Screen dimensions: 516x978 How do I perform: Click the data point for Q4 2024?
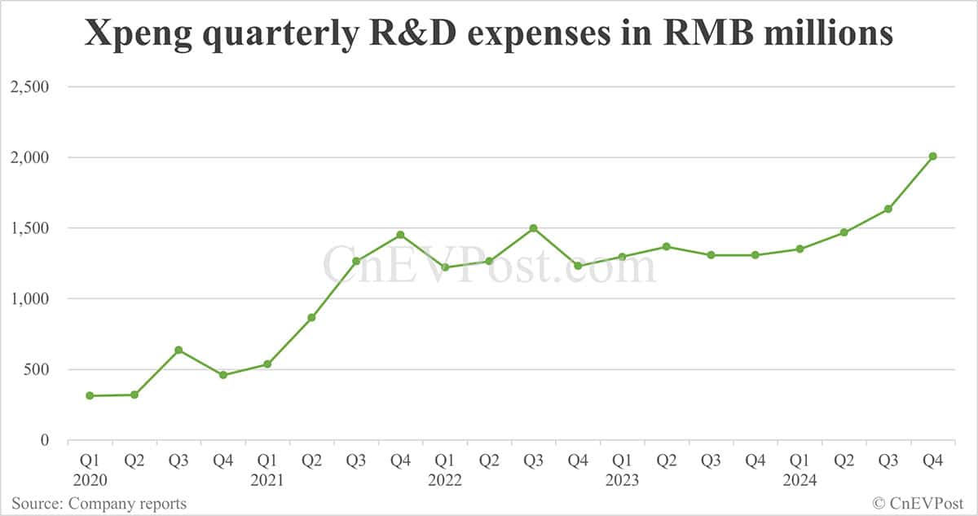[x=932, y=157]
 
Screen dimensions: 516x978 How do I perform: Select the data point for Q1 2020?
[x=90, y=396]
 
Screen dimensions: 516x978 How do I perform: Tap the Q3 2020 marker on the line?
[x=178, y=351]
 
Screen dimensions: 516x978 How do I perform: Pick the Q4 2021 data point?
[x=400, y=235]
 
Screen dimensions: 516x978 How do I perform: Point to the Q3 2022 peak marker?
[x=533, y=228]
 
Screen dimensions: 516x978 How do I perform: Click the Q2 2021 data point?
[x=311, y=318]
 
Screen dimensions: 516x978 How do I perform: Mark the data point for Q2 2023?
[x=667, y=246]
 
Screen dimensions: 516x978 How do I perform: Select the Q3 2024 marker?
[x=888, y=209]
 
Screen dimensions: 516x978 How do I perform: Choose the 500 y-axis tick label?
[x=35, y=369]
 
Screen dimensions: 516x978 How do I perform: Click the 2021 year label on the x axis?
[x=267, y=480]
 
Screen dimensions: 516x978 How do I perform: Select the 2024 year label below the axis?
[x=800, y=480]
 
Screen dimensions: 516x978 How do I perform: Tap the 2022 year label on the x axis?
[x=445, y=480]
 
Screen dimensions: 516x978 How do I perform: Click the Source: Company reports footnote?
[x=99, y=503]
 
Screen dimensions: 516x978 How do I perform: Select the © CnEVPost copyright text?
[x=919, y=503]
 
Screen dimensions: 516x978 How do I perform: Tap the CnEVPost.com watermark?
[x=489, y=265]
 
